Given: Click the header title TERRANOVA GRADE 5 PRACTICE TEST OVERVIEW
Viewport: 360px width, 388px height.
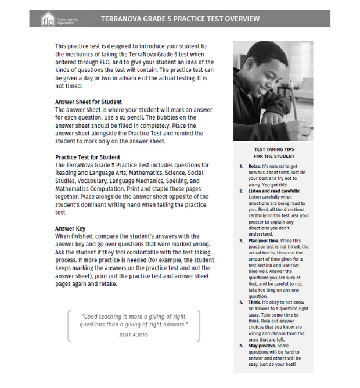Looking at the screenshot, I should coord(180,19).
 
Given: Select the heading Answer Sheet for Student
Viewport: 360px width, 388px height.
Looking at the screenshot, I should coord(88,102).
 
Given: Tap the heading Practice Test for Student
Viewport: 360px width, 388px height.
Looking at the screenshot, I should coord(88,157).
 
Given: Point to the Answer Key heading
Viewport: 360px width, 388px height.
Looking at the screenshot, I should coord(70,228).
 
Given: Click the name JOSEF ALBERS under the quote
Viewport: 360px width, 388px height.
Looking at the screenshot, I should coord(134,335).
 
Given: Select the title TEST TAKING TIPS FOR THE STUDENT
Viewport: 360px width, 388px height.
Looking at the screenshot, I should coord(274,153).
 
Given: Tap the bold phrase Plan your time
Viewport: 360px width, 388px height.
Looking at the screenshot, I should coord(265,240).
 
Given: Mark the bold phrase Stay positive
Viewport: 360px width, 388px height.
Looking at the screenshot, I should coord(265,345).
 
